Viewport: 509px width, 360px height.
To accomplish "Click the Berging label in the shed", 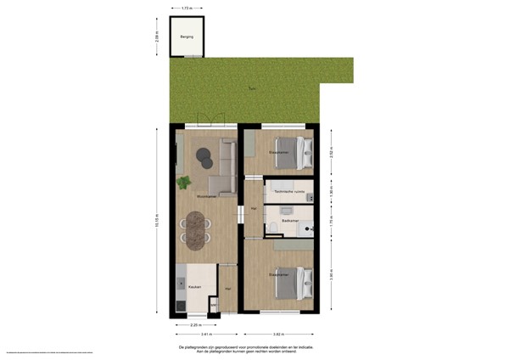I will (x=186, y=37).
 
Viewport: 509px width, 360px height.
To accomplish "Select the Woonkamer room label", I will (x=204, y=196).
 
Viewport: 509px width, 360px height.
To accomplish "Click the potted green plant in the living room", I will (x=183, y=182).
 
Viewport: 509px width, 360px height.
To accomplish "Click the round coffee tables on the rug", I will (x=204, y=157).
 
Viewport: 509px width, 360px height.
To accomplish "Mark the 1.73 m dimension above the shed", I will (x=186, y=8).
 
